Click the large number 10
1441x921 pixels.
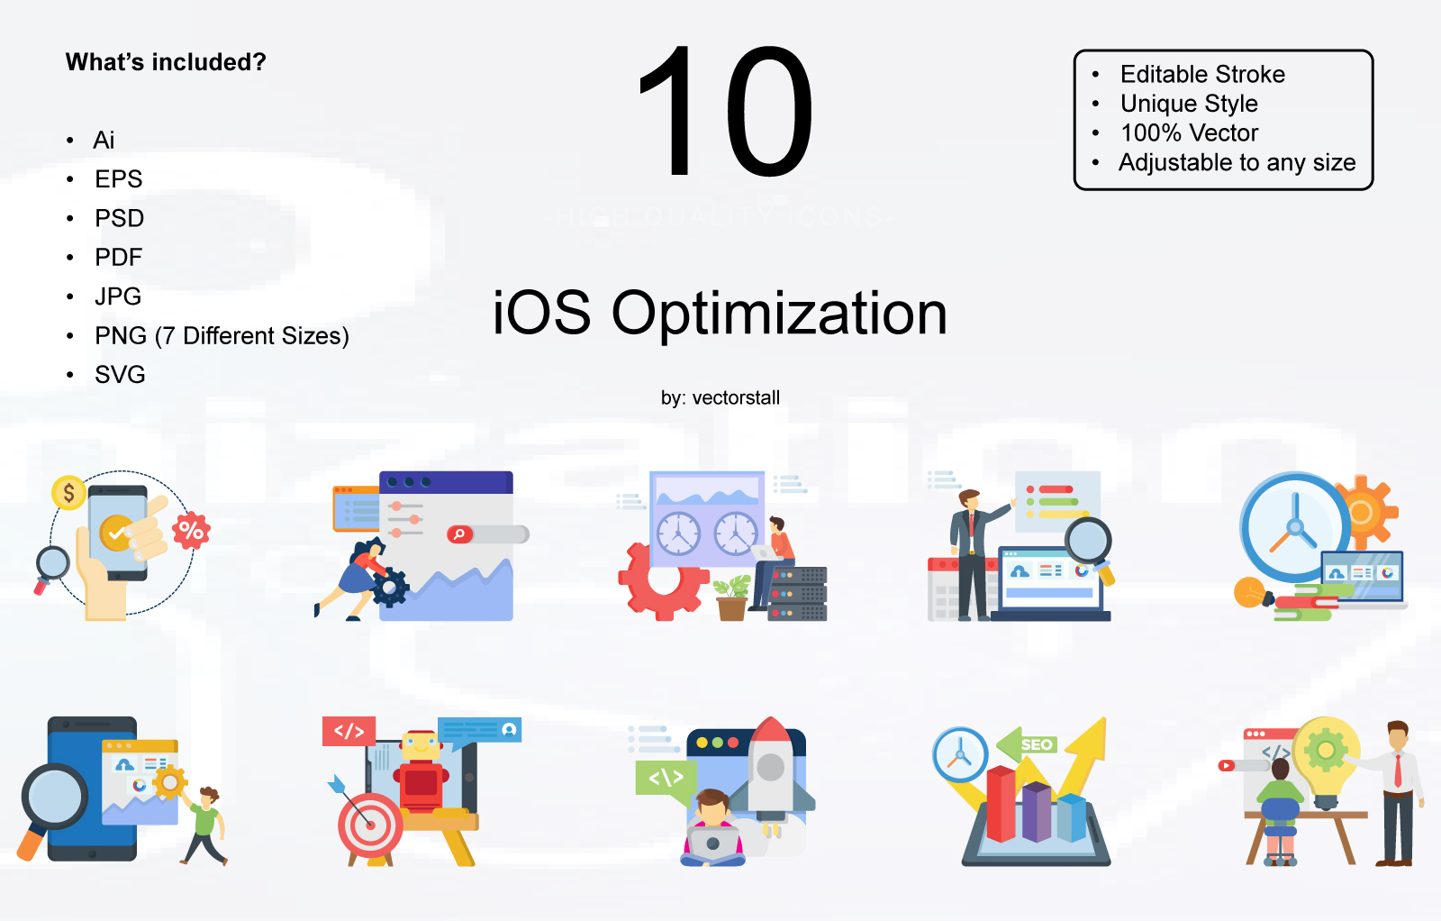tap(726, 112)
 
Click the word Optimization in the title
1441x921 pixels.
tap(779, 315)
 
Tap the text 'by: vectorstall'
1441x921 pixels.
tap(720, 397)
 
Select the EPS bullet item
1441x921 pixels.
tap(118, 178)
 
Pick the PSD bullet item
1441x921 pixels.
tap(119, 218)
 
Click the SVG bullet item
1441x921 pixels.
tap(120, 374)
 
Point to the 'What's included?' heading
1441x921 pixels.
tap(166, 62)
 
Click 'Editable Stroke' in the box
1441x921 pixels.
tap(1202, 74)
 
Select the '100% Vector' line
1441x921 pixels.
tap(1189, 132)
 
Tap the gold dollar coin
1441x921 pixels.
tap(68, 492)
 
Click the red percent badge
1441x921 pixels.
tap(191, 531)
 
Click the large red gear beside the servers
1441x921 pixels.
tap(661, 581)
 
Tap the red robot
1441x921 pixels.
tap(421, 771)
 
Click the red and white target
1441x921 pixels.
tap(369, 825)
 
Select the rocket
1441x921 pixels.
tap(770, 771)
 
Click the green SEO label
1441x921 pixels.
tap(1036, 744)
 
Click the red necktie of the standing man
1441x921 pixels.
tap(1398, 771)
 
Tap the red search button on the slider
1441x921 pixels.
tap(459, 534)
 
